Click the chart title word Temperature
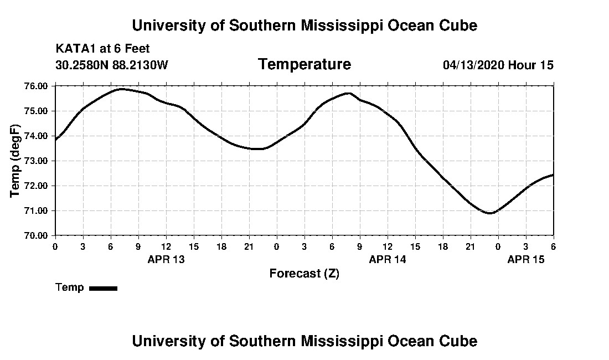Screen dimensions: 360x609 [x=304, y=65]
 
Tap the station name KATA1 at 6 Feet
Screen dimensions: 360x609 [x=102, y=49]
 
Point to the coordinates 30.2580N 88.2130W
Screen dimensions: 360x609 [x=111, y=65]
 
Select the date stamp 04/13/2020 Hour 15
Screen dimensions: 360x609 [x=498, y=65]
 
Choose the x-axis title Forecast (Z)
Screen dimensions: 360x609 [x=304, y=274]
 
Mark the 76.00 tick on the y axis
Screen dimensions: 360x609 [x=37, y=86]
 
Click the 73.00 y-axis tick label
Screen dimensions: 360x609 [x=37, y=161]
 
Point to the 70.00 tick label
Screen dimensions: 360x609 [x=37, y=235]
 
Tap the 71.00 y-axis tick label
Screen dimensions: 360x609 [x=37, y=210]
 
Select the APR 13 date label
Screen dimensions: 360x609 [x=166, y=259]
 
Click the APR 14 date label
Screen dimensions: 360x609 [x=388, y=259]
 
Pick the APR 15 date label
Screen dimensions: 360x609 [x=526, y=259]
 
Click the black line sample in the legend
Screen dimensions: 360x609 [x=104, y=288]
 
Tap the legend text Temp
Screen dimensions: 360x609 [x=70, y=287]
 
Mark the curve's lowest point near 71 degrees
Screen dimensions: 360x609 [x=489, y=213]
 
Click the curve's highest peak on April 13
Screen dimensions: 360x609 [x=121, y=89]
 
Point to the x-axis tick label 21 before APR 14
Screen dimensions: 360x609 [x=249, y=246]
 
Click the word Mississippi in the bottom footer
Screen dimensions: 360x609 [x=337, y=341]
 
